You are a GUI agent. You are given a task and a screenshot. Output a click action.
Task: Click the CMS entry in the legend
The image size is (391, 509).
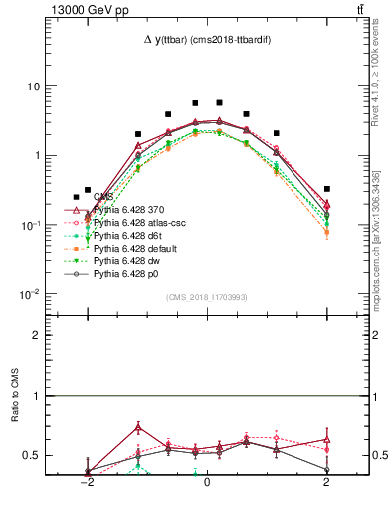103,198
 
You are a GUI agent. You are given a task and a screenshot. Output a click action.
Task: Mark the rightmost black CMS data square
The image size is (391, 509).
326,188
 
